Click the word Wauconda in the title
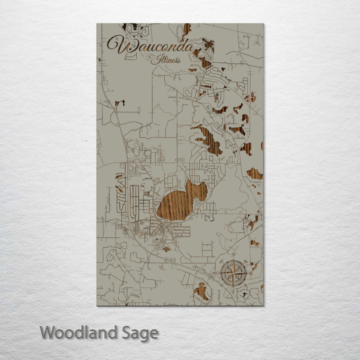150,46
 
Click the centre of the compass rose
233,273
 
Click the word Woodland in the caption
78,332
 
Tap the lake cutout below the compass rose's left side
201,291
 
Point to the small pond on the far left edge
119,104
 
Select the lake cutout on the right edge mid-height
254,173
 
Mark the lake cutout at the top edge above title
186,29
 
